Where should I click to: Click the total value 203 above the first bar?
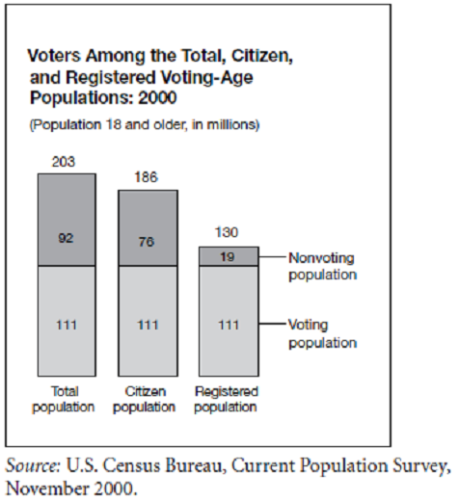tap(64, 162)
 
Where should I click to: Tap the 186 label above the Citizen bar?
tap(147, 177)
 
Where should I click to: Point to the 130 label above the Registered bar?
tap(227, 232)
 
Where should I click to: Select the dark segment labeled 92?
tap(67, 220)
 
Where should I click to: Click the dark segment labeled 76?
tap(148, 228)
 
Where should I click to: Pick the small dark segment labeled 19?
tap(229, 256)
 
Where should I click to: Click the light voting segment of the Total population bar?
tap(67, 321)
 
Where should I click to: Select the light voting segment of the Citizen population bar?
tap(148, 321)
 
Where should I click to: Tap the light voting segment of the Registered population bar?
tap(229, 321)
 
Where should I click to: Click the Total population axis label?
tap(64, 400)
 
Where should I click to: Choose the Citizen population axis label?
tap(145, 400)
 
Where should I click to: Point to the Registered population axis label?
tap(226, 400)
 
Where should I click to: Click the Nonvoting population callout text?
tap(322, 267)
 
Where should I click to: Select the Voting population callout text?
tap(322, 334)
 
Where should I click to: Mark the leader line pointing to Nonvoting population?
tap(272, 257)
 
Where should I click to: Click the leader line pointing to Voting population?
tap(272, 324)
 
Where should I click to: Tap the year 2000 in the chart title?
tap(157, 97)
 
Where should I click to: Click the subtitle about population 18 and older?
tap(145, 124)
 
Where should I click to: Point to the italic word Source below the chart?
tap(33, 465)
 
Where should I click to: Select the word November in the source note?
tap(48, 488)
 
